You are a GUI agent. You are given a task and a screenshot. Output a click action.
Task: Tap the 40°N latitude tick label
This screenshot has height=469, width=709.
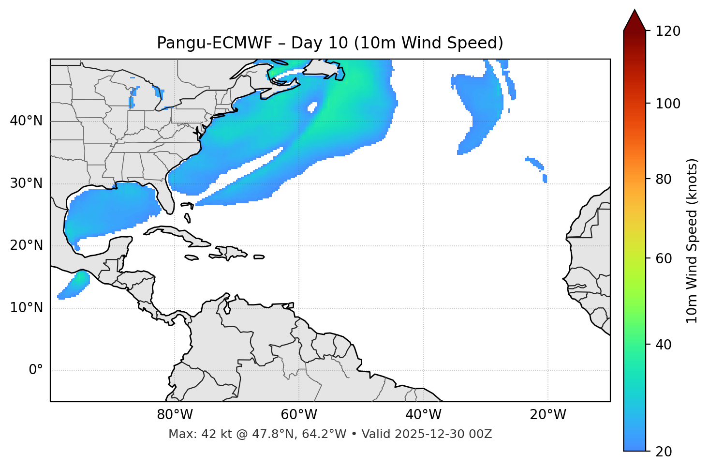pyautogui.click(x=26, y=121)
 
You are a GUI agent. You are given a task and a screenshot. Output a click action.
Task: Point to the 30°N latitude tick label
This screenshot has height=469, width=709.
pyautogui.click(x=26, y=183)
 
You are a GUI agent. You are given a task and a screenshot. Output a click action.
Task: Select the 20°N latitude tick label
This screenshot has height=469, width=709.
pyautogui.click(x=26, y=245)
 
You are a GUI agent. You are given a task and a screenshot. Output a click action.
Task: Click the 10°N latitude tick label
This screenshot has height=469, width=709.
pyautogui.click(x=26, y=308)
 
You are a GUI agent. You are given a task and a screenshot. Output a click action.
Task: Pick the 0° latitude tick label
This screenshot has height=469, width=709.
pyautogui.click(x=36, y=370)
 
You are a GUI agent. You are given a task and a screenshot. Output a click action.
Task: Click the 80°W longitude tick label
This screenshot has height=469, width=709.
pyautogui.click(x=175, y=415)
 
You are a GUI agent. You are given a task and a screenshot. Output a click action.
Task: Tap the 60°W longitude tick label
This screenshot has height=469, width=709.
pyautogui.click(x=299, y=415)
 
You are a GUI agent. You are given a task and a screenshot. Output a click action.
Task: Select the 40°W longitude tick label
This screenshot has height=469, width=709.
pyautogui.click(x=423, y=415)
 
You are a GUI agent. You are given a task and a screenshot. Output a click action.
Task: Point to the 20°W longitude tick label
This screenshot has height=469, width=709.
pyautogui.click(x=548, y=415)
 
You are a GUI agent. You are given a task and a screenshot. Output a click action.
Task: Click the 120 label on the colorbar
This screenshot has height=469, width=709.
pyautogui.click(x=667, y=31)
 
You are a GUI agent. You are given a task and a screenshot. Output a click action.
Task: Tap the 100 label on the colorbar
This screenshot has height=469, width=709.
pyautogui.click(x=667, y=104)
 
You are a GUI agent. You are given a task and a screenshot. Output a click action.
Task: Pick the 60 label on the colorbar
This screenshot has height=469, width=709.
pyautogui.click(x=664, y=258)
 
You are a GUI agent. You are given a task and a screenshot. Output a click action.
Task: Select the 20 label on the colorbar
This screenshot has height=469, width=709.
pyautogui.click(x=664, y=452)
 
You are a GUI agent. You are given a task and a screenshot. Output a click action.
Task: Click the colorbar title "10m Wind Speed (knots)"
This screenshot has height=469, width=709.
pyautogui.click(x=692, y=241)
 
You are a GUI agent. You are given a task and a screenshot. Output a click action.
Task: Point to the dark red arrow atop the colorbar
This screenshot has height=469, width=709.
pyautogui.click(x=635, y=20)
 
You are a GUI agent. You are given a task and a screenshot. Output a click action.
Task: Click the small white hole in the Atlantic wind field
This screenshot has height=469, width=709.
pyautogui.click(x=312, y=107)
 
